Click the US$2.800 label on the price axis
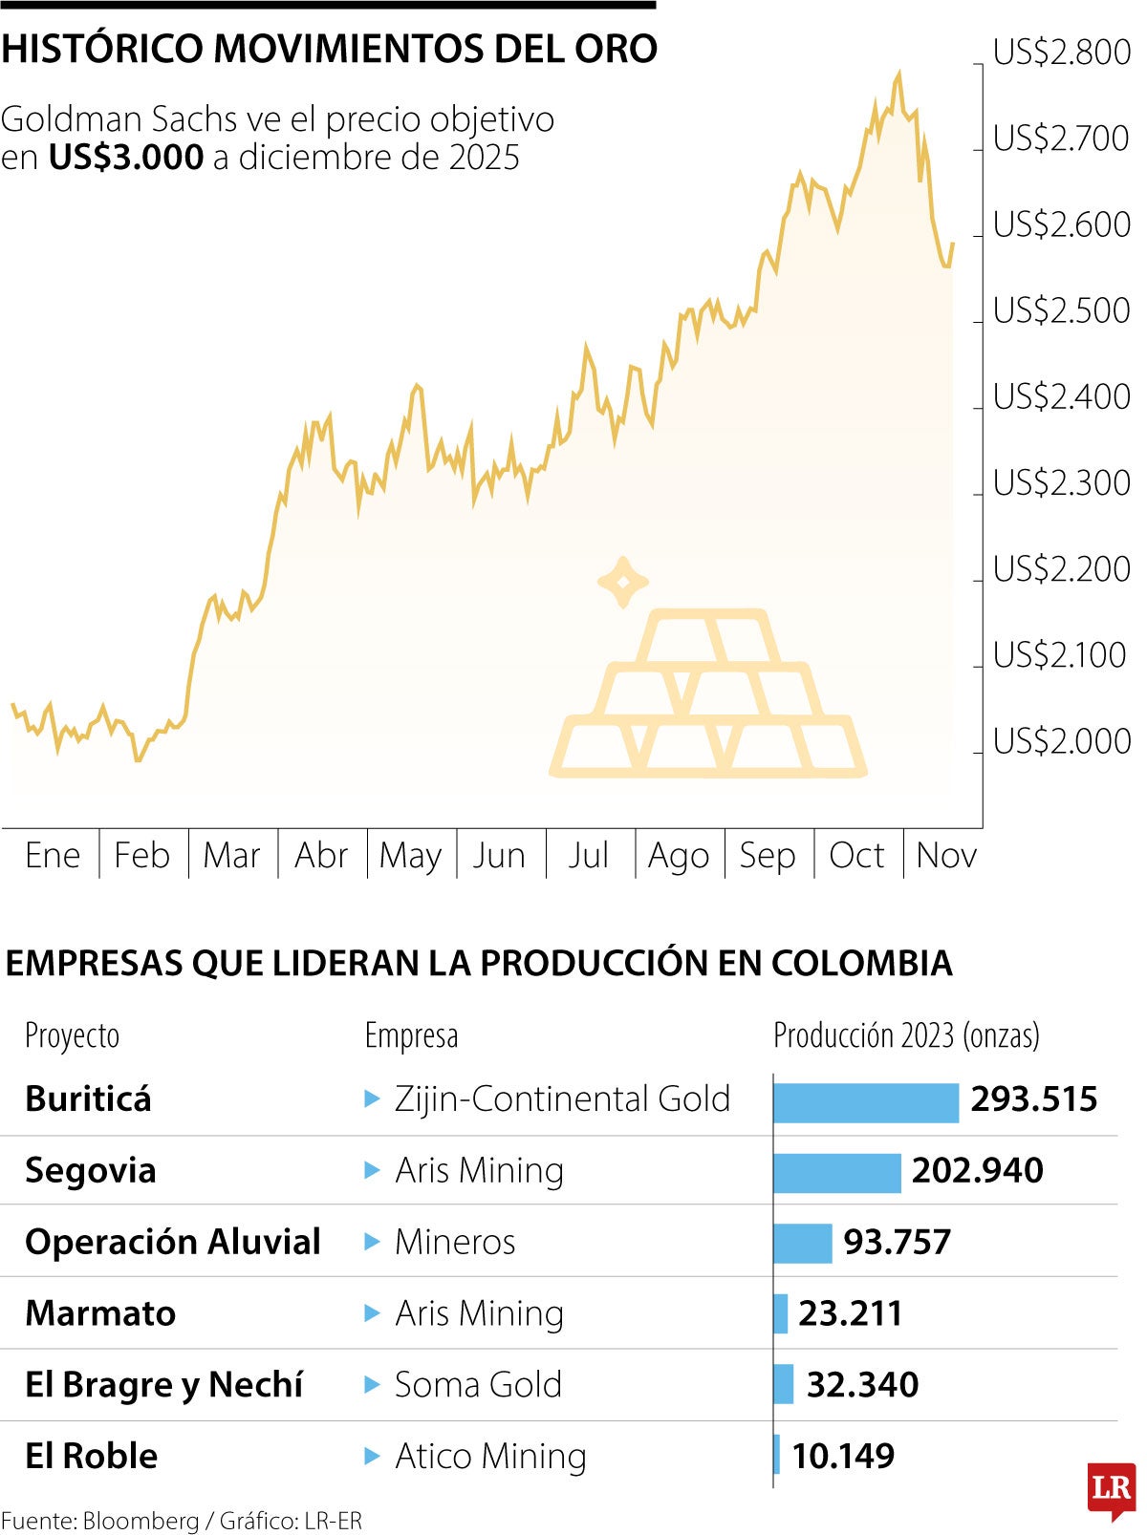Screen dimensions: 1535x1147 (x=1061, y=52)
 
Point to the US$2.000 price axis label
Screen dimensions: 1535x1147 (x=1061, y=741)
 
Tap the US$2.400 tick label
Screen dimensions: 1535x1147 (x=1061, y=396)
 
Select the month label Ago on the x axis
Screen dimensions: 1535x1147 (x=679, y=856)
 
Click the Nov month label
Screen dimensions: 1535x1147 (x=946, y=855)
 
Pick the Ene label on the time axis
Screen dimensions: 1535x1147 (x=53, y=855)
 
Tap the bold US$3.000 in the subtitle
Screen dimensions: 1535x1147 (x=126, y=157)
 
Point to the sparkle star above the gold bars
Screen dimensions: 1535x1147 (x=623, y=582)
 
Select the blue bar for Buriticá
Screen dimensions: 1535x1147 (x=865, y=1102)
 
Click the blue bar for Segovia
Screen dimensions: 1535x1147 (x=836, y=1173)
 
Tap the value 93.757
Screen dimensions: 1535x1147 (x=897, y=1242)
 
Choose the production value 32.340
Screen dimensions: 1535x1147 (x=862, y=1384)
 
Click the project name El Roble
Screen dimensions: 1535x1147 (x=92, y=1456)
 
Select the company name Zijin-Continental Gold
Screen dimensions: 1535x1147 (x=562, y=1099)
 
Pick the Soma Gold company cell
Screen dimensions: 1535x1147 (x=478, y=1385)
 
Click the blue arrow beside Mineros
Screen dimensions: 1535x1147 (x=373, y=1243)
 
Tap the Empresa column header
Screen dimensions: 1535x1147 (x=411, y=1035)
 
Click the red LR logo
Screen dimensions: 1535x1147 (x=1111, y=1488)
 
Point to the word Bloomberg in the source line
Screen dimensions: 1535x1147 (x=141, y=1521)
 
